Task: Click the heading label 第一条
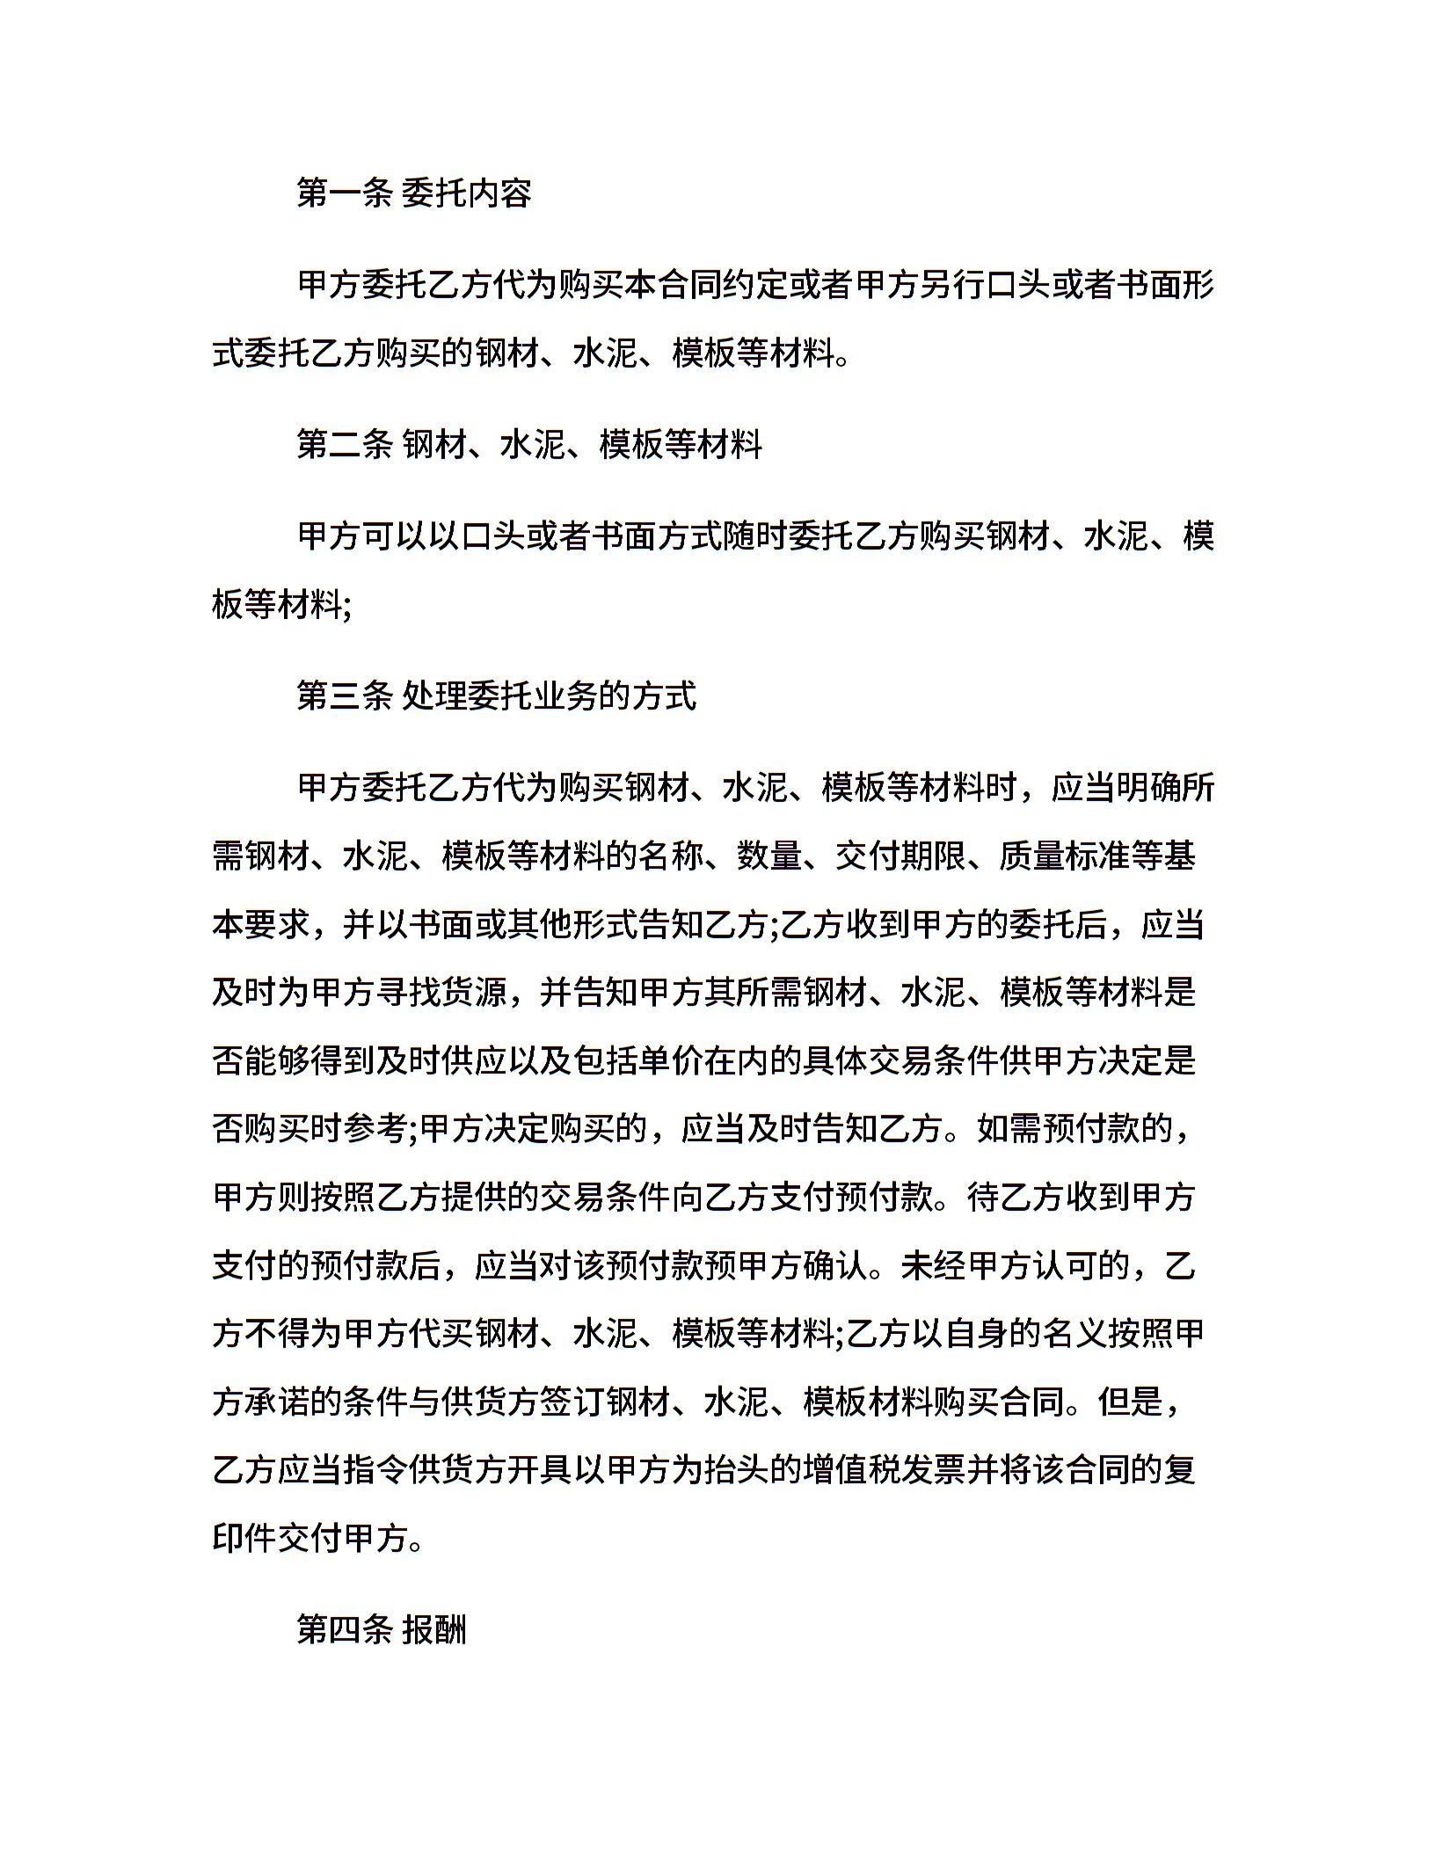pos(344,193)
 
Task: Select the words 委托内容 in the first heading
pos(467,193)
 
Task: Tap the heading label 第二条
pos(344,444)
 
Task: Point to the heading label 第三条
pos(344,695)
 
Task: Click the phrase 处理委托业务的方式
pos(550,695)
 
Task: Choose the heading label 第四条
pos(344,1629)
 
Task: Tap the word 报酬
pos(435,1629)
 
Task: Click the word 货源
pos(476,993)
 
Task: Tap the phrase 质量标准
pos(1064,856)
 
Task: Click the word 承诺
pos(279,1402)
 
